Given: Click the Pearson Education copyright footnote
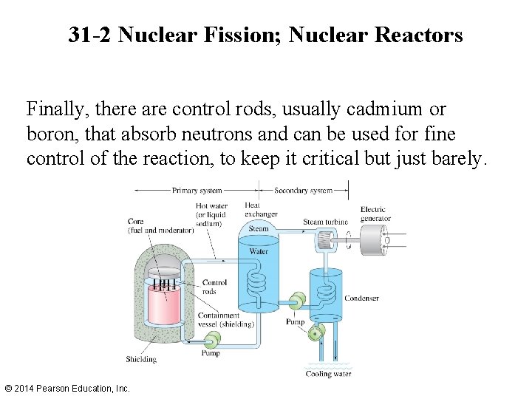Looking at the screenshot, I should point(66,388).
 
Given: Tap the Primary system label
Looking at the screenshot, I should point(196,190).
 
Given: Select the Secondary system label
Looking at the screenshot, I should point(303,190).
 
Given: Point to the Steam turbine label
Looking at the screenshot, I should point(325,222).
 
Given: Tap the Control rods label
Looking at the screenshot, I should point(214,287).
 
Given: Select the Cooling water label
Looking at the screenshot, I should point(328,374).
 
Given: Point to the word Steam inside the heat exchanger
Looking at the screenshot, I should point(258,229).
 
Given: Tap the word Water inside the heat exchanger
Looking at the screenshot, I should point(258,251).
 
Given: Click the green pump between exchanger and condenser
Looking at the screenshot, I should point(297,301).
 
